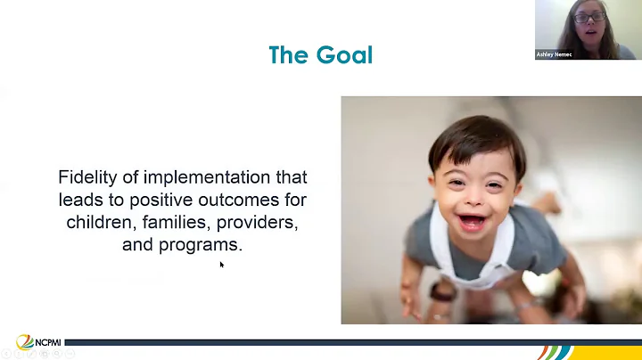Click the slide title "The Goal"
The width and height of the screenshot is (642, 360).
[x=320, y=55]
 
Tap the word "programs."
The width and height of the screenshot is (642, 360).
[x=205, y=244]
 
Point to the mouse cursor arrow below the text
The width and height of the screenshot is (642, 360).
[x=222, y=264]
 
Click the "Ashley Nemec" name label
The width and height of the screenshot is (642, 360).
[x=555, y=53]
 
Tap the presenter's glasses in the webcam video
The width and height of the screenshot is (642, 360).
[x=590, y=16]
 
